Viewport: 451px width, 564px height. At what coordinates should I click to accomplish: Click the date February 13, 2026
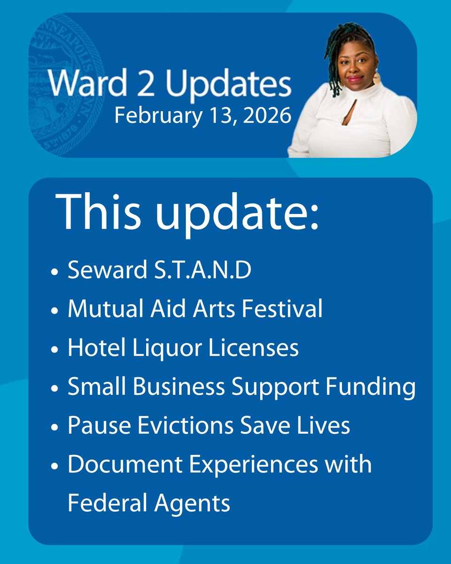(202, 116)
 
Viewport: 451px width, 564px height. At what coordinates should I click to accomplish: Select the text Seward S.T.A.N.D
(159, 271)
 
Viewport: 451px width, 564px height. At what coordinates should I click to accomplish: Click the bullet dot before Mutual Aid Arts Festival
(55, 311)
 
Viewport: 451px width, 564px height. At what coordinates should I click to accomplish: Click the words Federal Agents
(149, 503)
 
